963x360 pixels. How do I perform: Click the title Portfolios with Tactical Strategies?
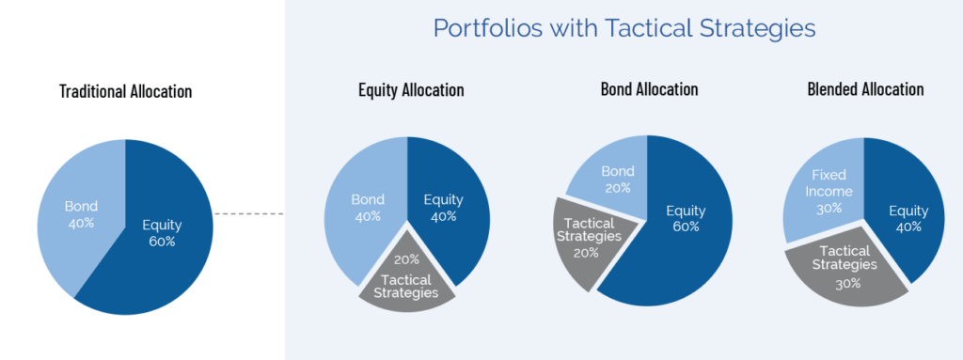[x=623, y=28]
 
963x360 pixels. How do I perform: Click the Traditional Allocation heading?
[x=125, y=92]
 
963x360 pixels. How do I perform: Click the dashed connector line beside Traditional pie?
[x=249, y=214]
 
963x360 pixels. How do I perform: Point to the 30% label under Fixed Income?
[x=829, y=209]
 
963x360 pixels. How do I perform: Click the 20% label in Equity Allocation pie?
[x=407, y=259]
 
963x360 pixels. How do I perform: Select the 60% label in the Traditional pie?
[x=162, y=242]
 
